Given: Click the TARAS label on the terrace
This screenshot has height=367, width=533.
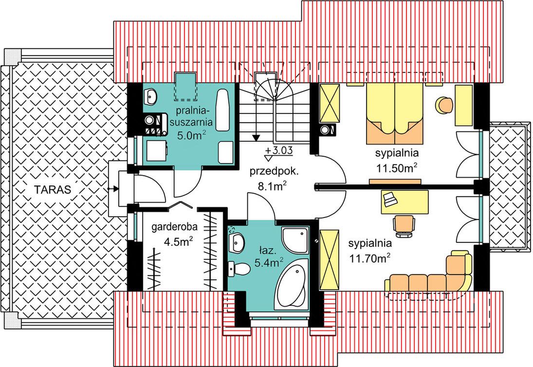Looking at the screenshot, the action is click(x=53, y=189).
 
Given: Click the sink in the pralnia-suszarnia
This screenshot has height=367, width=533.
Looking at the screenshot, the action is click(x=150, y=96).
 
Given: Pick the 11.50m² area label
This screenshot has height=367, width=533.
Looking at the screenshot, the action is click(x=396, y=168).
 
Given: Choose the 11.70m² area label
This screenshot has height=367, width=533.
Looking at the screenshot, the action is click(x=369, y=259).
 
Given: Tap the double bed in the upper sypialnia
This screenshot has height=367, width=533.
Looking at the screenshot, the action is click(x=395, y=113).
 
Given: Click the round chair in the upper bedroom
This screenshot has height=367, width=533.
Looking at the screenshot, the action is click(x=444, y=105).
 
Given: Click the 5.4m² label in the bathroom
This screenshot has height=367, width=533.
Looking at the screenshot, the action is click(x=269, y=263).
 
